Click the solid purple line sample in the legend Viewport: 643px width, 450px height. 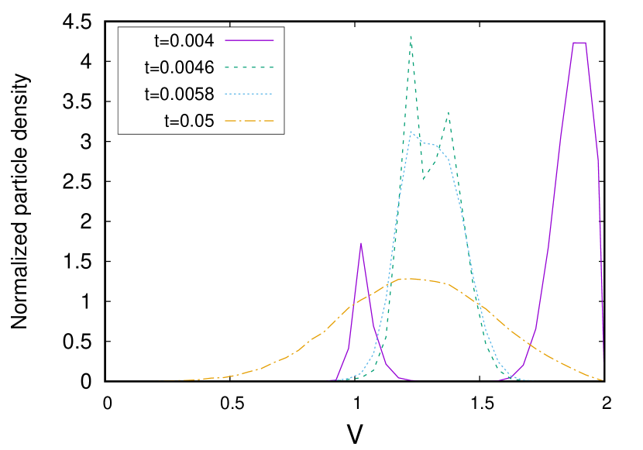pos(249,40)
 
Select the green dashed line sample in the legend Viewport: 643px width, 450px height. pos(249,67)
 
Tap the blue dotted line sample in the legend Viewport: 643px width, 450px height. pos(249,94)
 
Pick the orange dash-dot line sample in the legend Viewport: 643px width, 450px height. pos(249,121)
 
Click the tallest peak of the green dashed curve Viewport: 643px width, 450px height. pos(411,36)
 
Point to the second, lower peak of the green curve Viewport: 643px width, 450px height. pos(448,112)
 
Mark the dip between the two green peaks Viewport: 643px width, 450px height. pos(424,179)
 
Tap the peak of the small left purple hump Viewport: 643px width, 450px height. pos(361,243)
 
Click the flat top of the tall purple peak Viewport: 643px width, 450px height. pos(579,43)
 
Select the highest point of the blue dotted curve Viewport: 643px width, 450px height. pos(411,132)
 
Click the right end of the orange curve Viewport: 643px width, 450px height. pos(603,380)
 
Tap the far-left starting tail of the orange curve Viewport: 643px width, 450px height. pos(160,380)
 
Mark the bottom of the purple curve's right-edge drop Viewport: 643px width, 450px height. pos(603,362)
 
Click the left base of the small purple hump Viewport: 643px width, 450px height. pos(336,380)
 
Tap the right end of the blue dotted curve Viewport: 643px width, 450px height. pos(530,380)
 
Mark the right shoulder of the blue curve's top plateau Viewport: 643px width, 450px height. pos(439,146)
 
